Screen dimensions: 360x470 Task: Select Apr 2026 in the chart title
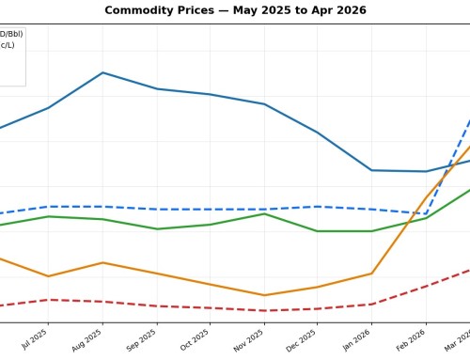click(x=336, y=10)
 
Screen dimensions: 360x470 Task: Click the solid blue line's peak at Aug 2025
click(x=102, y=72)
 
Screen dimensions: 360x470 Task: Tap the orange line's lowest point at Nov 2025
click(x=264, y=295)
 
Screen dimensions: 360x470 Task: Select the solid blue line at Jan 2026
click(x=372, y=170)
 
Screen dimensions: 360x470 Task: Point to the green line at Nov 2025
click(x=264, y=214)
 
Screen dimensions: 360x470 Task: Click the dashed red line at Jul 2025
click(x=48, y=300)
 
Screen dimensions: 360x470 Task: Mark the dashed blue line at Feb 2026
click(x=426, y=213)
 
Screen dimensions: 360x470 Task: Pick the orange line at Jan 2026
click(x=372, y=274)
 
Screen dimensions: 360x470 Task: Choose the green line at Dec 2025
click(x=318, y=231)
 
